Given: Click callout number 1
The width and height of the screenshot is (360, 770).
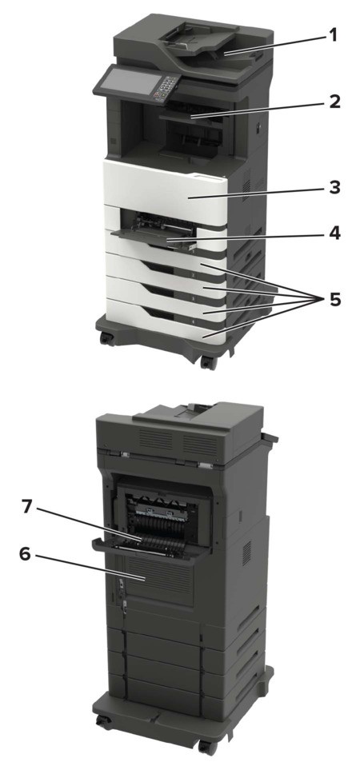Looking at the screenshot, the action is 333,35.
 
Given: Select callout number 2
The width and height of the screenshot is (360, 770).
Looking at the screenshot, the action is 334,102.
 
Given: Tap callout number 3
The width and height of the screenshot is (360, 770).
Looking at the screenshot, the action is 334,187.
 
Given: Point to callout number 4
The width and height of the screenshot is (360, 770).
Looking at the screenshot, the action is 334,233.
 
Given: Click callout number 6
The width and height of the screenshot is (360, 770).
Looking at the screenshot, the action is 26,553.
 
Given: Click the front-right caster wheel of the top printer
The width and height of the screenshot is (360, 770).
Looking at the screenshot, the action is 208,363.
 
